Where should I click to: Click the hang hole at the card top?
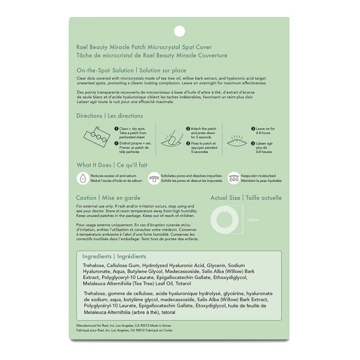pyautogui.click(x=180, y=30)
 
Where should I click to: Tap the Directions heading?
pyautogui.click(x=89, y=116)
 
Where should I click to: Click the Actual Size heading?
pyautogui.click(x=225, y=198)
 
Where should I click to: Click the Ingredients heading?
pyautogui.click(x=97, y=256)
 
